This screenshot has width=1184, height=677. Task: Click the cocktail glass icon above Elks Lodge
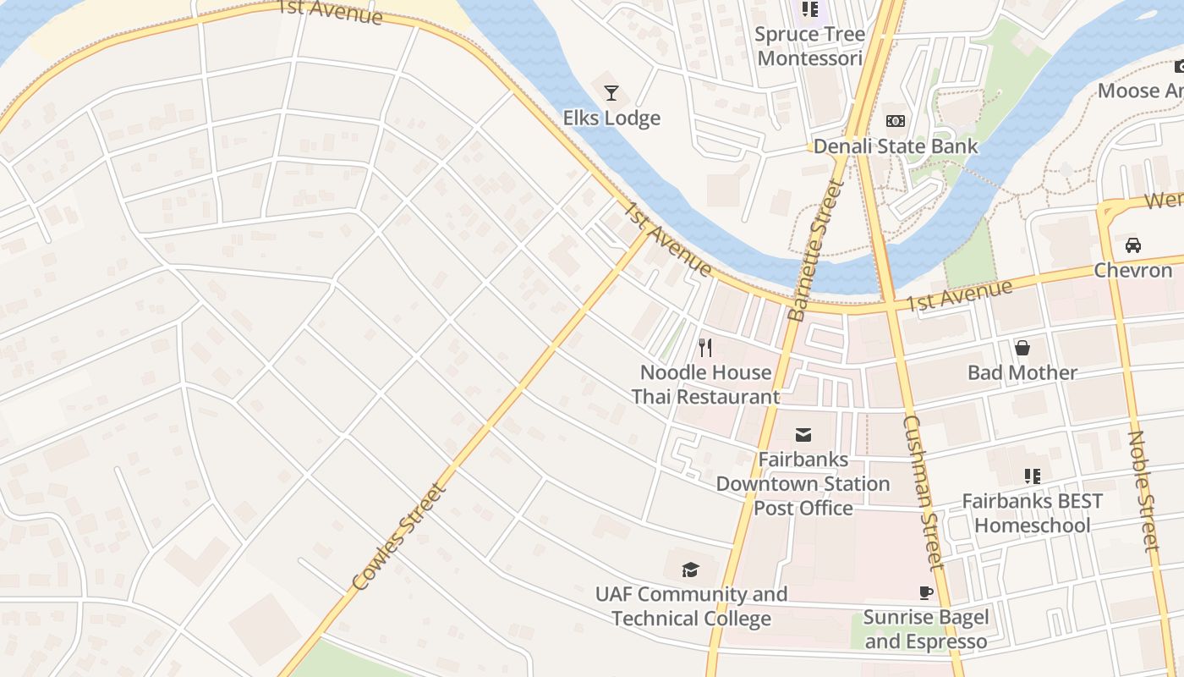pos(611,93)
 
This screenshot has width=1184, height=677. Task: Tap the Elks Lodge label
pos(611,118)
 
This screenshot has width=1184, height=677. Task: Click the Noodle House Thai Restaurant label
pos(705,384)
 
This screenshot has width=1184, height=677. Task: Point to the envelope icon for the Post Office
pos(803,435)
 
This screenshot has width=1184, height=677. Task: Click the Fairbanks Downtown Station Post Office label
pos(803,484)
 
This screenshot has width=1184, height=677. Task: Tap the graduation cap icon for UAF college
pos(691,570)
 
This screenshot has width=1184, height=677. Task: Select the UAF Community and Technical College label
pos(691,606)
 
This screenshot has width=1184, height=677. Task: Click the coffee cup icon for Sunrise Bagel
pos(925,592)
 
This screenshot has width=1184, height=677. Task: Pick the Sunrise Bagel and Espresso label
pos(925,629)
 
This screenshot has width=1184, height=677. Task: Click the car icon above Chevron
pos(1132,245)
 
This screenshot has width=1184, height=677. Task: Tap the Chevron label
pos(1132,270)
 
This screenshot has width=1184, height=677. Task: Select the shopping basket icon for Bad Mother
pos(1022,348)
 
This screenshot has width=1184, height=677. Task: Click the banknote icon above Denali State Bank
pos(895,121)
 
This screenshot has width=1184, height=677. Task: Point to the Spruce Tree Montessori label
pos(810,47)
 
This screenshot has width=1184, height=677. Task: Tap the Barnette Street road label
pos(810,255)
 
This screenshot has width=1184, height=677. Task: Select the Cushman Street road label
pos(922,491)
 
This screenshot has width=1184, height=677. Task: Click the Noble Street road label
pos(1143,491)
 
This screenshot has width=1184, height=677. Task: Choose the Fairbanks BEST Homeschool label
pos(1032,513)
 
